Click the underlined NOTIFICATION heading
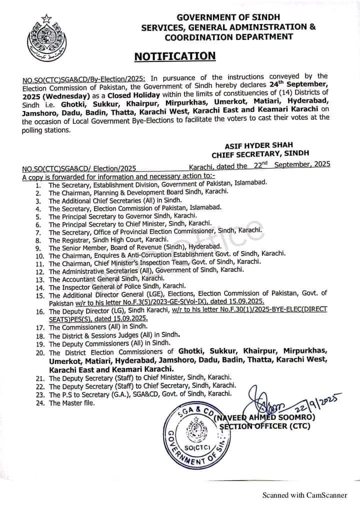[x=175, y=56]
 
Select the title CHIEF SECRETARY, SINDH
[x=260, y=153]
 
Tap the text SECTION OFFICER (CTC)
[x=265, y=426]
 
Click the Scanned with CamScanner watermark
[x=305, y=495]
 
